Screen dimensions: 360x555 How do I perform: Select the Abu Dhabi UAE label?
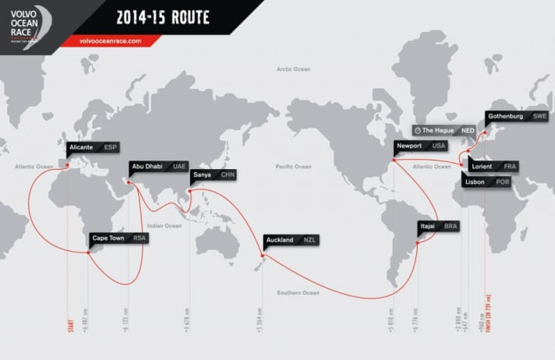pos(158,166)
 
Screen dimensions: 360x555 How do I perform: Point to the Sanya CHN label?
pos(213,175)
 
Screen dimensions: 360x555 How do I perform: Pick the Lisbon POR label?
pos(486,182)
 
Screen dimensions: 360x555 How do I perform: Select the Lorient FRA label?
pos(494,167)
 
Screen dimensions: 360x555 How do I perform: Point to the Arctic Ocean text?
pos(293,69)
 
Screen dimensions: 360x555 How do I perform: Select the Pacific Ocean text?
pos(293,167)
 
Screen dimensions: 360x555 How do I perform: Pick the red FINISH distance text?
pos(486,324)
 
